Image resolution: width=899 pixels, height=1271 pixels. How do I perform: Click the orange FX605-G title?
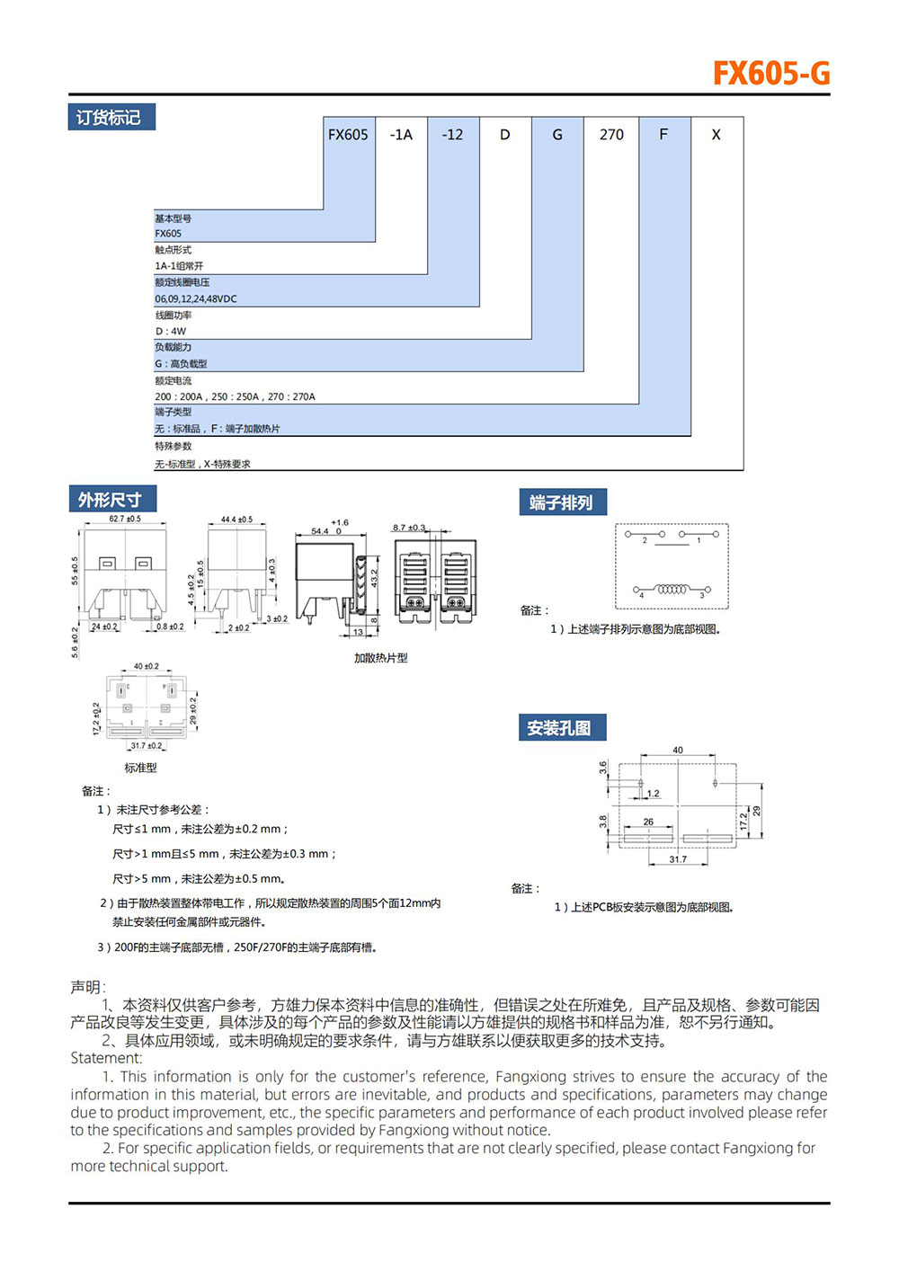pos(770,73)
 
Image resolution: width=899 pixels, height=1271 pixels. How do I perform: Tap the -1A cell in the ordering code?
pos(401,135)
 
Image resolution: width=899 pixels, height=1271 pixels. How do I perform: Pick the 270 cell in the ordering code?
pos(611,135)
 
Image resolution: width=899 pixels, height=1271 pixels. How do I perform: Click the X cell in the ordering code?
pos(716,135)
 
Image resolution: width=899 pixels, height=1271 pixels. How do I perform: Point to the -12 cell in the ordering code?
pos(452,135)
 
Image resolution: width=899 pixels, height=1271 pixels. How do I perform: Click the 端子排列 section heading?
pos(562,502)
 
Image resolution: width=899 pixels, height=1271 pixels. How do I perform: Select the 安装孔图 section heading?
pos(561,728)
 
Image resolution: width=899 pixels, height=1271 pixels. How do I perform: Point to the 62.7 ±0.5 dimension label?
pos(125,519)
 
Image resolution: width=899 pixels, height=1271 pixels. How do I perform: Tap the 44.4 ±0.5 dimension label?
pos(236,520)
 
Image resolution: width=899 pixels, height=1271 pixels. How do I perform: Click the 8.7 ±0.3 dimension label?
pos(409,528)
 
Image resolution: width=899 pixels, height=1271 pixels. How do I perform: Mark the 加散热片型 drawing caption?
pos(380,658)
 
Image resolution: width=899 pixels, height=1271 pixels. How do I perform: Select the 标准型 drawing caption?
pos(141,768)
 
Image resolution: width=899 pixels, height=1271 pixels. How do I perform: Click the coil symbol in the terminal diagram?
pos(672,590)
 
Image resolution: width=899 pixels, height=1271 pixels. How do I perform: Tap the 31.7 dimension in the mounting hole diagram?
pos(678,860)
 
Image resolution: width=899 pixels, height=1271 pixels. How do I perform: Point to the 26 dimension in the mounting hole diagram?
pos(648,822)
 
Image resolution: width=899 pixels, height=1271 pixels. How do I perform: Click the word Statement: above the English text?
pos(106,1058)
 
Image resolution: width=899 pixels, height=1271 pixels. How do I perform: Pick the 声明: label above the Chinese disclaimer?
pos(88,987)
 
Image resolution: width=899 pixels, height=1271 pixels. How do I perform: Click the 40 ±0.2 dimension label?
pos(146,666)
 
